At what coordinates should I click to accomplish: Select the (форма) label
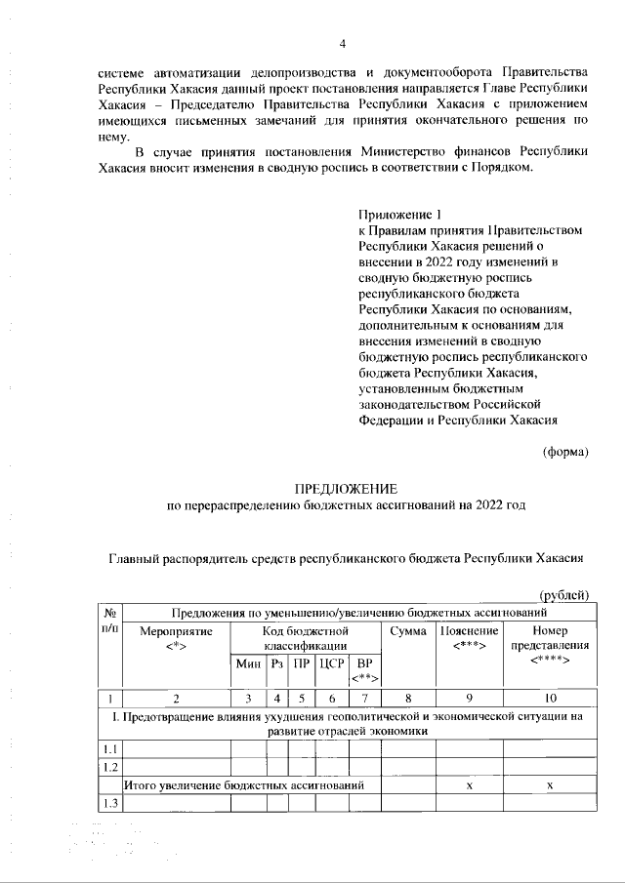[565, 451]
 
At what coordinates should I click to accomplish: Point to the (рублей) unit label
[563, 595]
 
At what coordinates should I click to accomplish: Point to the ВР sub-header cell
[364, 670]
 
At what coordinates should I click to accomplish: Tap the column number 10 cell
[550, 698]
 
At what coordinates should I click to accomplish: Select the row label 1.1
[111, 748]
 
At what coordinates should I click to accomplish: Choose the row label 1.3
[111, 803]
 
